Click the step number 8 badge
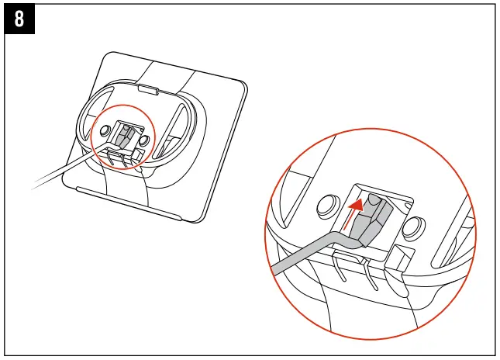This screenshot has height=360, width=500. click(x=19, y=19)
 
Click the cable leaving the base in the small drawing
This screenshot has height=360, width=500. click(x=58, y=175)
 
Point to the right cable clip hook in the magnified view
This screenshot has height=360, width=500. click(x=371, y=272)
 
